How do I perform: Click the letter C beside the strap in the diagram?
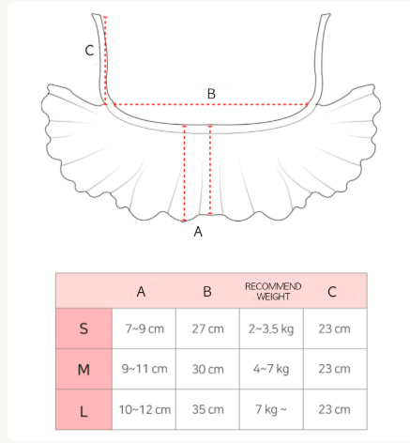(x=89, y=51)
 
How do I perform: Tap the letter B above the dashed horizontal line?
(x=211, y=94)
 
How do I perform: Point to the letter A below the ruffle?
(x=198, y=232)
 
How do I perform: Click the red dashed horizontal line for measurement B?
(x=211, y=105)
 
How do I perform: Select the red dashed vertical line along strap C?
(x=105, y=60)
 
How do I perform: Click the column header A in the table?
(x=141, y=292)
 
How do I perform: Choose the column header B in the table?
(x=207, y=292)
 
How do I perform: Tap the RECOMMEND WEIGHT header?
(x=273, y=291)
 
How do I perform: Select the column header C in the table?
(x=332, y=292)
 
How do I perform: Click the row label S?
(x=84, y=328)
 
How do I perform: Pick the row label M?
(x=84, y=370)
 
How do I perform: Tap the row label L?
(x=84, y=411)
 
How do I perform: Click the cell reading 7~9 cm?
(x=144, y=328)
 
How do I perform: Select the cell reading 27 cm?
(x=207, y=328)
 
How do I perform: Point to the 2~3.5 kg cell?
(x=271, y=329)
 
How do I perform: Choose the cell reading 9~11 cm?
(x=144, y=369)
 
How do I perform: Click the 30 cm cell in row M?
(x=207, y=369)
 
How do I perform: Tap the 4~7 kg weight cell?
(x=271, y=369)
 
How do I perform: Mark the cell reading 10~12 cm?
(x=144, y=409)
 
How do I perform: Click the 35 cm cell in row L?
(x=207, y=409)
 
